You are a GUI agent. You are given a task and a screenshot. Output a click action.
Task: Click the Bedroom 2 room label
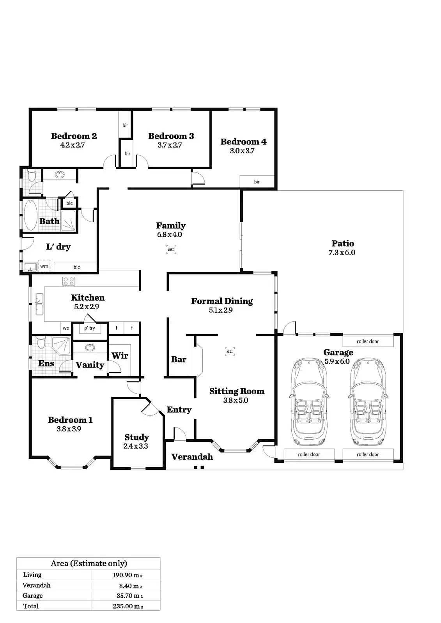point(74,136)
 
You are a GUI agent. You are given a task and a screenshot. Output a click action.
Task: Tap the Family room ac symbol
point(171,249)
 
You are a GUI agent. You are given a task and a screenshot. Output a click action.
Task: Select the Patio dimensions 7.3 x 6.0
point(342,252)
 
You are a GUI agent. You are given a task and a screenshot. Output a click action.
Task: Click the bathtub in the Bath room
point(30,215)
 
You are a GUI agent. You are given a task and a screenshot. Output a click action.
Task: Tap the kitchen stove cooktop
point(69,281)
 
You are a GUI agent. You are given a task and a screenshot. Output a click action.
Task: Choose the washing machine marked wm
point(44,266)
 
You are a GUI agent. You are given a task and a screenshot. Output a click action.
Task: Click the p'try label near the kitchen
point(90,328)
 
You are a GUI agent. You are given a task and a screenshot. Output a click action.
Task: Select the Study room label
point(136,437)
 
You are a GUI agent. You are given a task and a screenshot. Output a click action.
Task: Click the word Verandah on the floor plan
point(192,457)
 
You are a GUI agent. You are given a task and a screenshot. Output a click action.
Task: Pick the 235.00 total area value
point(128,606)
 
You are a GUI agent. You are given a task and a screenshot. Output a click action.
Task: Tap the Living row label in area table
point(32,575)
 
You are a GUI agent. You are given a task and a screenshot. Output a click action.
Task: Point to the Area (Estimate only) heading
point(89,563)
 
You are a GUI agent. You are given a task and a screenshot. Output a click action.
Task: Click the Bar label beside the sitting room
point(179,359)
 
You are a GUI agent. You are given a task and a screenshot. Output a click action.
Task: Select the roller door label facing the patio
point(368,341)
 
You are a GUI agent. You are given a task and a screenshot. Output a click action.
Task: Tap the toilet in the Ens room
point(41,343)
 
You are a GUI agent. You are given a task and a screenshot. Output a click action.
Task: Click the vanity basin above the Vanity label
point(90,346)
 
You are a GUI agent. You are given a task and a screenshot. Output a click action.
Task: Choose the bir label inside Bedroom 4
point(257,182)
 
